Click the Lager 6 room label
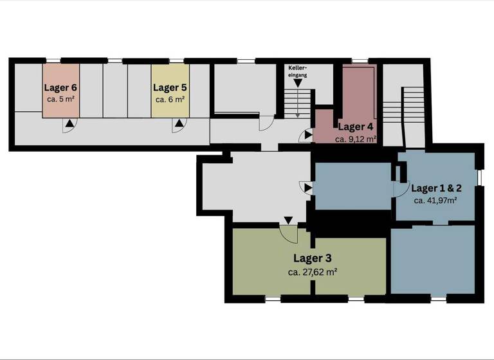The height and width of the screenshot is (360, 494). pyautogui.click(x=61, y=87)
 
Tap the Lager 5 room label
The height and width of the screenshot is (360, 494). pyautogui.click(x=170, y=87)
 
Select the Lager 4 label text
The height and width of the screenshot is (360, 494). pyautogui.click(x=355, y=127)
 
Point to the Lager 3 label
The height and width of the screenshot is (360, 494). pyautogui.click(x=313, y=258)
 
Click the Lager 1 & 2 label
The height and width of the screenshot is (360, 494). pyautogui.click(x=436, y=188)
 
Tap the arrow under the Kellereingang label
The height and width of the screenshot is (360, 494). pyautogui.click(x=298, y=82)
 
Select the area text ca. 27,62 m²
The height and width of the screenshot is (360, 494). pyautogui.click(x=313, y=272)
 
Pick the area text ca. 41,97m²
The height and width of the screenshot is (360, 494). pyautogui.click(x=435, y=201)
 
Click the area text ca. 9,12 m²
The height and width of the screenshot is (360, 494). pyautogui.click(x=355, y=139)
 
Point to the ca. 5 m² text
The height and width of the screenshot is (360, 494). pyautogui.click(x=61, y=100)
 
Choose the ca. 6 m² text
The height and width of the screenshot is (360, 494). pyautogui.click(x=170, y=100)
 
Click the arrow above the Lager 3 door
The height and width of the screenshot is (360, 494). pyautogui.click(x=288, y=221)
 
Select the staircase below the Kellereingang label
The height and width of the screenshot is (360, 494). pyautogui.click(x=298, y=103)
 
